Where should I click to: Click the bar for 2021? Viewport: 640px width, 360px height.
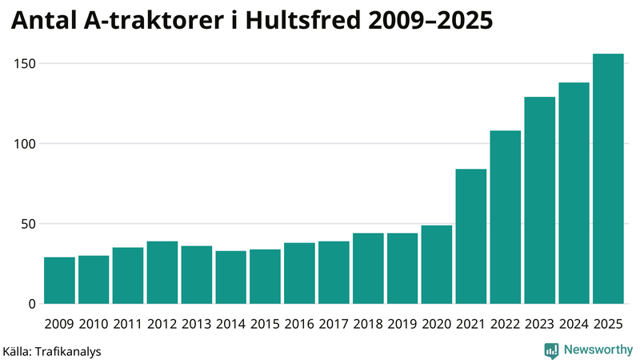pos(471,237)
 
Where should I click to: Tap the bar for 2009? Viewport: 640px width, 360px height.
pos(59,281)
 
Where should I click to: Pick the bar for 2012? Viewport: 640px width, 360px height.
pos(162,273)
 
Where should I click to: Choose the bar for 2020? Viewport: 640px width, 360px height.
pos(437,265)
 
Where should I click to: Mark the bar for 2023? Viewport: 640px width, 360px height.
pos(539,201)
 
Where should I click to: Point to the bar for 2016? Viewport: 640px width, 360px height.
pos(299,274)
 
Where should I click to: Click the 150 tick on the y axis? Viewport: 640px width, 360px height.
pos(26,63)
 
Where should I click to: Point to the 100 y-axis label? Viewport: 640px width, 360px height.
pos(26,144)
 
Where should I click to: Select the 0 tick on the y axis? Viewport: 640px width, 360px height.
pos(33,304)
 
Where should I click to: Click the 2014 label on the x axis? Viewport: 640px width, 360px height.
pos(231,324)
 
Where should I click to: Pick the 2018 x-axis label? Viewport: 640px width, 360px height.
pos(368,324)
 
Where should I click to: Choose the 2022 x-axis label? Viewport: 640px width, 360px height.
pos(506,324)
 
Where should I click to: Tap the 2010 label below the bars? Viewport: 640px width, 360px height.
pos(94,324)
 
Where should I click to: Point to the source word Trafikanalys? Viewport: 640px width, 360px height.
pos(67,350)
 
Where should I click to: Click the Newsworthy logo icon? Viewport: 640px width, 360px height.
pos(551,350)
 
